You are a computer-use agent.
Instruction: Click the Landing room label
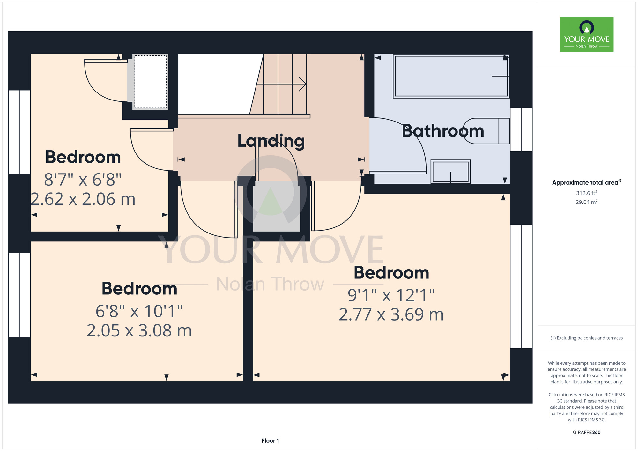click(271, 141)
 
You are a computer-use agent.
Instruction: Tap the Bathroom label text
click(443, 131)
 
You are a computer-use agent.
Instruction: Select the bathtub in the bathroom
click(451, 76)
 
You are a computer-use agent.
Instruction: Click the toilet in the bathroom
click(486, 131)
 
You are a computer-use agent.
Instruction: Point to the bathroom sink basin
click(450, 172)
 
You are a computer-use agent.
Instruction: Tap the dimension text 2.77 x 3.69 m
click(391, 314)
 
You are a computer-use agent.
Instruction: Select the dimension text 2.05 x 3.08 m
click(139, 331)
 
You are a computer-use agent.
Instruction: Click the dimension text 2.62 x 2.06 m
click(83, 199)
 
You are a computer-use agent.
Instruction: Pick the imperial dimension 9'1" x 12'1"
click(391, 295)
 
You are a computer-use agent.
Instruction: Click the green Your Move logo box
click(587, 34)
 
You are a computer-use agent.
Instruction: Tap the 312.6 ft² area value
click(587, 193)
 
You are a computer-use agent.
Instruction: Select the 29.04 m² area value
click(587, 202)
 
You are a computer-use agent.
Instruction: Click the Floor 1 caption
click(270, 441)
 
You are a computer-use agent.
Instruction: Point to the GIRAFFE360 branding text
click(587, 433)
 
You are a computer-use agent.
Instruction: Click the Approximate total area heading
click(587, 182)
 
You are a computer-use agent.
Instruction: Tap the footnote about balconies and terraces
click(587, 338)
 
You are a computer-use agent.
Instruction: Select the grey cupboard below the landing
click(277, 206)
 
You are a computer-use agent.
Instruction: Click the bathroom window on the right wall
click(521, 129)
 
